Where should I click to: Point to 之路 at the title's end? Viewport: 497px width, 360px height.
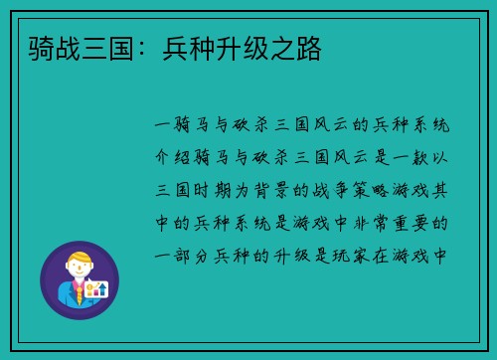click(298, 47)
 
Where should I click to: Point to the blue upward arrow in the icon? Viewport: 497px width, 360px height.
click(101, 287)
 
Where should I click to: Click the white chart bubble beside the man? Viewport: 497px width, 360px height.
click(94, 289)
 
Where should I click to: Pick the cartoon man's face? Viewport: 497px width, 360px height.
click(79, 270)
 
